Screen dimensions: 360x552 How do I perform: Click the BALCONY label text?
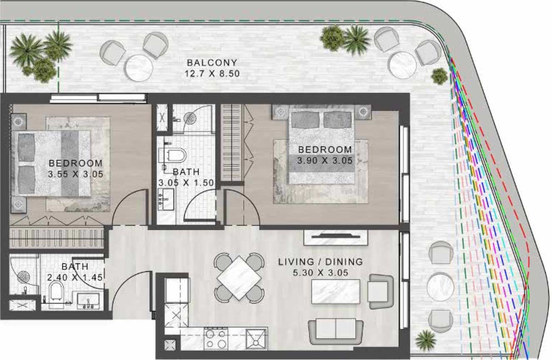pos(212,63)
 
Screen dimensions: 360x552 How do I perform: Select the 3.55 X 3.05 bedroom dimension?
pos(75,174)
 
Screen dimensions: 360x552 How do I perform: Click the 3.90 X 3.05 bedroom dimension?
pos(325,160)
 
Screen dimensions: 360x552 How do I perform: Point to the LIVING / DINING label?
pos(321,262)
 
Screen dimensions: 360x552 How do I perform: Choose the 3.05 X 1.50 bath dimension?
pos(180,182)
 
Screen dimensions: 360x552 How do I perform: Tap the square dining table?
pos(239,278)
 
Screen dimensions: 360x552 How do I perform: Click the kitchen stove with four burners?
pos(216,338)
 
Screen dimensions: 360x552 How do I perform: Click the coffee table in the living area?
pos(336,291)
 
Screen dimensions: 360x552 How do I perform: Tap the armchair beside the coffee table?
pos(380,291)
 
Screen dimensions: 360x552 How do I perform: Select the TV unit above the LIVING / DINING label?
pos(336,238)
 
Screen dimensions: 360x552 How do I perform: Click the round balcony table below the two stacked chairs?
pos(440,287)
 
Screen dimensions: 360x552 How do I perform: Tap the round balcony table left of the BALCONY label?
pos(139,68)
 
